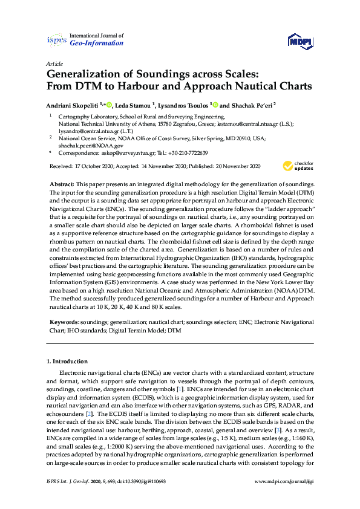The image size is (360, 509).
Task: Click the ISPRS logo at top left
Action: pyautogui.click(x=56, y=40)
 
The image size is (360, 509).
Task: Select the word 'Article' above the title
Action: pyautogui.click(x=54, y=63)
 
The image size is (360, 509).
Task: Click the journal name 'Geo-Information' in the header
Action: pyautogui.click(x=97, y=43)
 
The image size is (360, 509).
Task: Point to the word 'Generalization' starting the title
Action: pyautogui.click(x=88, y=75)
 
